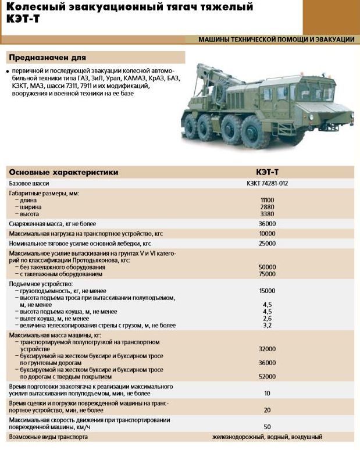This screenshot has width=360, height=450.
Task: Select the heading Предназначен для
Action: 47,58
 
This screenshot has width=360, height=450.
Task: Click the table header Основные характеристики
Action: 63,172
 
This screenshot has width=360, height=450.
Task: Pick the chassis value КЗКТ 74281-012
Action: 267,183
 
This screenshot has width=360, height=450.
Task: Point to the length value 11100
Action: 267,200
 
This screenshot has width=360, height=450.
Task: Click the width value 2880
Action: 267,207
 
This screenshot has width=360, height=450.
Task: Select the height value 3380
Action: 267,214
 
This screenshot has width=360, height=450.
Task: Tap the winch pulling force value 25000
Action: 267,244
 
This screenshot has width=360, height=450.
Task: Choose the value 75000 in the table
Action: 267,273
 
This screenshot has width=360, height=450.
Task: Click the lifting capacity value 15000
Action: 267,290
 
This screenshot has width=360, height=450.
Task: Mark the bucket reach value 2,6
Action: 267,319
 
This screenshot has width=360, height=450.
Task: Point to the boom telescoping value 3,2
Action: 267,326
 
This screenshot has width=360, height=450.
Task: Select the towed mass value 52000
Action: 267,377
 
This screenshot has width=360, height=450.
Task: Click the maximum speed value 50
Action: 267,427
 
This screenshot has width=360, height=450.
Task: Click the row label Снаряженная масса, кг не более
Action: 52,224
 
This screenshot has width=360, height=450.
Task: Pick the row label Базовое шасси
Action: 30,183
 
